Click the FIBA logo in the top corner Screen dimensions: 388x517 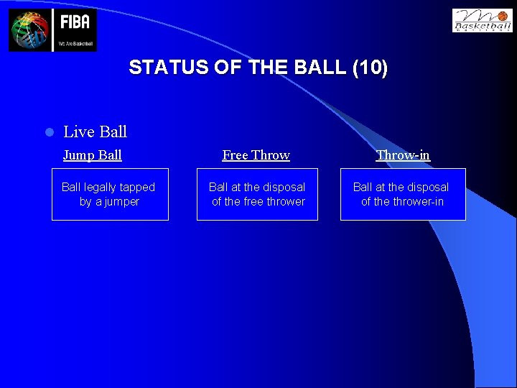click(52, 30)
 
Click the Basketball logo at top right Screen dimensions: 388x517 click(482, 20)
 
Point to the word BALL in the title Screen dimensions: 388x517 click(320, 68)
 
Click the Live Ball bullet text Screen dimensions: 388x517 click(95, 131)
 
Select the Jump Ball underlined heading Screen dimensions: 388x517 click(92, 155)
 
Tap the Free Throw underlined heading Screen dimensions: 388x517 click(256, 155)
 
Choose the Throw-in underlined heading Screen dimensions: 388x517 click(403, 155)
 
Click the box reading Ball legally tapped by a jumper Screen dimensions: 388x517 click(110, 194)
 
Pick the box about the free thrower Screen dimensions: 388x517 click(257, 194)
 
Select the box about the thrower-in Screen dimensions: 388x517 click(403, 194)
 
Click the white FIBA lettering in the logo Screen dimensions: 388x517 click(75, 22)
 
